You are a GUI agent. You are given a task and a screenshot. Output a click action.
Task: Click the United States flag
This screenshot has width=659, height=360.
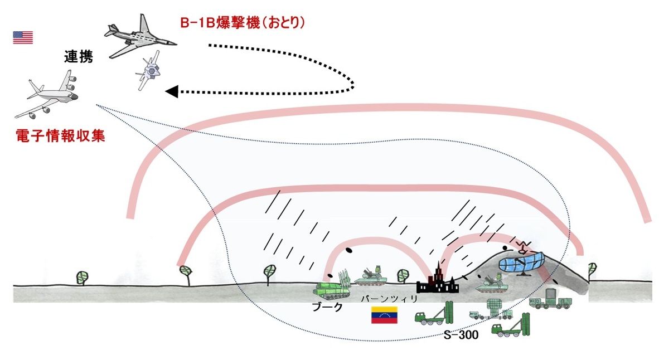(23, 37)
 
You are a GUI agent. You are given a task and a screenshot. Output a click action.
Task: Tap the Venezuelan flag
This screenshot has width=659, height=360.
(384, 315)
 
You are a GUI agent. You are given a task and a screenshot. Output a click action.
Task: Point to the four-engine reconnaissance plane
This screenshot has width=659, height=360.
(47, 98)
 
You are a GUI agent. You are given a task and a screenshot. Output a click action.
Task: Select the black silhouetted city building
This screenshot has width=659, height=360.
(438, 281)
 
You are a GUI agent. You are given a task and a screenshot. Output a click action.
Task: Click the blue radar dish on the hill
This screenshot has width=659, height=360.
(521, 262)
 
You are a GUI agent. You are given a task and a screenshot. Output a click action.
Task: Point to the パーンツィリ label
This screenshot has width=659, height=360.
(382, 299)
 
